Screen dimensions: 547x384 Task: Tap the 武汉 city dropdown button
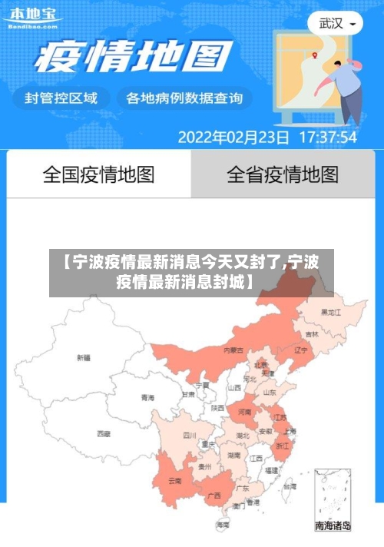pos(336,24)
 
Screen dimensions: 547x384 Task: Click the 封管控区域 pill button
pos(61,98)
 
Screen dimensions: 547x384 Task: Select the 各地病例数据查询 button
pos(184,98)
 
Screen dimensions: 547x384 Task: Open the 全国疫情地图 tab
pos(98,174)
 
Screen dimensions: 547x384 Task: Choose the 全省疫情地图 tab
pos(283,174)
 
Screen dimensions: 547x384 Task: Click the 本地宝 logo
pos(32,17)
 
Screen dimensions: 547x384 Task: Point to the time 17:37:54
pos(328,138)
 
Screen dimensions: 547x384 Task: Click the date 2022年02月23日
pos(233,138)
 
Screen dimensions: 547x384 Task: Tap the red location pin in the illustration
pos(315,55)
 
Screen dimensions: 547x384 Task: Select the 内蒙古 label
pos(233,350)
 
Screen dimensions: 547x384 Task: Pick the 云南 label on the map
pos(174,481)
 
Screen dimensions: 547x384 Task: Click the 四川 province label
pos(189,435)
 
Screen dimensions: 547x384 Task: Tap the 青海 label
pos(147,398)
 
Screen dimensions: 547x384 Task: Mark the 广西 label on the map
pos(215,495)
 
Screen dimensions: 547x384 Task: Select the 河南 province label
pos(244,413)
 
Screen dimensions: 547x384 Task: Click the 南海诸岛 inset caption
pos(333,526)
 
